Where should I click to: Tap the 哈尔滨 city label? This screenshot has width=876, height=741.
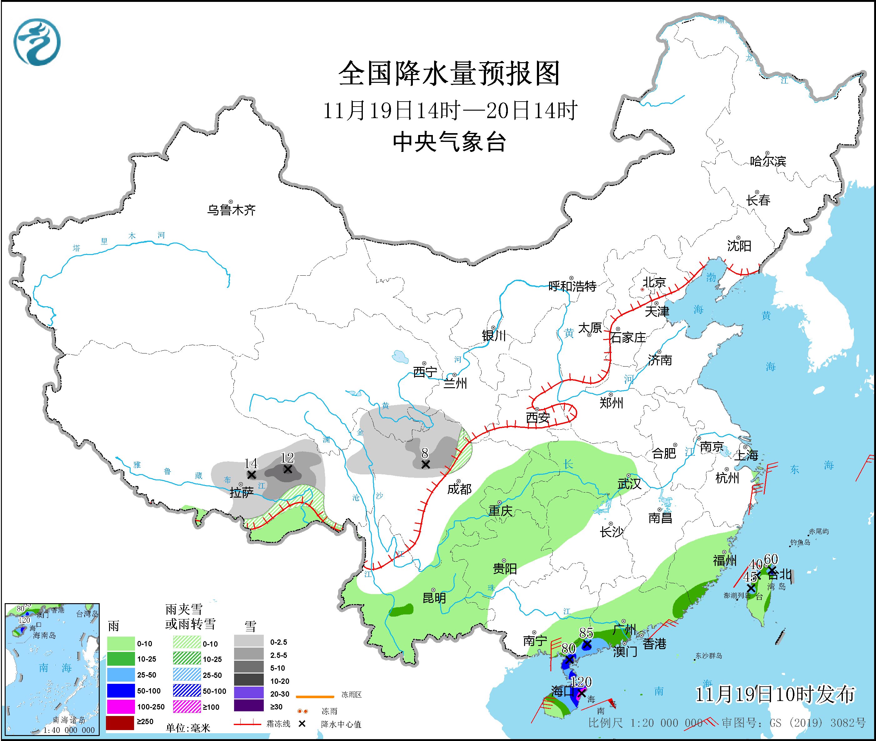[768, 161]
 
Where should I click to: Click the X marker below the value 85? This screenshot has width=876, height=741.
[587, 644]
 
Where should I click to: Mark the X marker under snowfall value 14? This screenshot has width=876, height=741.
[251, 475]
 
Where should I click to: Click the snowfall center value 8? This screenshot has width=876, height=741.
[425, 453]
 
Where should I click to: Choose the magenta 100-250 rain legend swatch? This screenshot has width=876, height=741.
[120, 707]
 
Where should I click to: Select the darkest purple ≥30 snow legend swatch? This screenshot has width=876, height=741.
[249, 707]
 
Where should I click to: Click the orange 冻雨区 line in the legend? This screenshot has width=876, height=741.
[315, 697]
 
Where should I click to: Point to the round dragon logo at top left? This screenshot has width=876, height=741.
[37, 42]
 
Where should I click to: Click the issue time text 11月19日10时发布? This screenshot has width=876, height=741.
[775, 694]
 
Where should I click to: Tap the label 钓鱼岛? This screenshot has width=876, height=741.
[800, 542]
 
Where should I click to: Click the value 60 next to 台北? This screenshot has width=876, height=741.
[771, 559]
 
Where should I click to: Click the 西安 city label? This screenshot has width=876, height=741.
[538, 418]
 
